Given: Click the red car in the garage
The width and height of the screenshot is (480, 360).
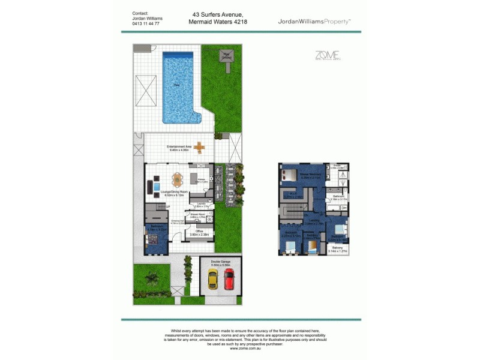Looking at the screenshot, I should (x=229, y=278).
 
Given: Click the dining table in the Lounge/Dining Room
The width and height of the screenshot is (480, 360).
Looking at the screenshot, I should (x=177, y=179).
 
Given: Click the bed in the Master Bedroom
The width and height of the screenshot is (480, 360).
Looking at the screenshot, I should (x=289, y=175).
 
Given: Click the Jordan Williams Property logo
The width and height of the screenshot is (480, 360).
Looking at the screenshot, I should (x=314, y=21).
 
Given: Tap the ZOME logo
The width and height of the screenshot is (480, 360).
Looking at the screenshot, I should (x=327, y=56).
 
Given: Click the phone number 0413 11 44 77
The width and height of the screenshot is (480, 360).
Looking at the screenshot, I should (x=146, y=23).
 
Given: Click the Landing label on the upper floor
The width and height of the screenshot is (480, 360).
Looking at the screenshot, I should (x=314, y=221).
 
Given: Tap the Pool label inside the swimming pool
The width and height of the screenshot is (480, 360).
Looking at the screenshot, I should (x=177, y=85).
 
